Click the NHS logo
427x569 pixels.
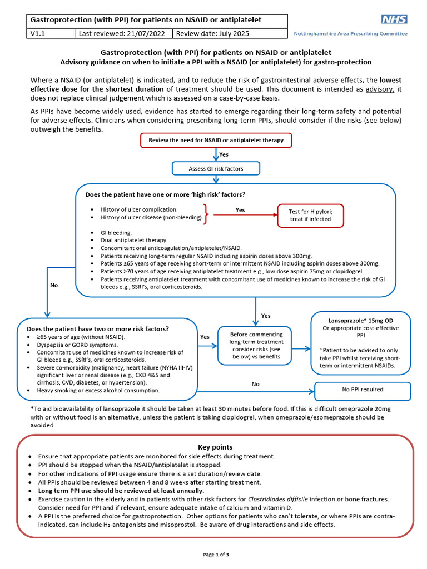coord(394,19)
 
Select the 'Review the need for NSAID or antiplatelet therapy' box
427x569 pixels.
coord(216,141)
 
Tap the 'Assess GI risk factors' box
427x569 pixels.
coord(216,168)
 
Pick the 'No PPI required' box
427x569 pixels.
coord(363,390)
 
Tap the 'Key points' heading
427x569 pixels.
coord(215,447)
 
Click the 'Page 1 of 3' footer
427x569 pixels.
coord(215,555)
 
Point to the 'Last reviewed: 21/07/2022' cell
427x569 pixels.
coord(122,34)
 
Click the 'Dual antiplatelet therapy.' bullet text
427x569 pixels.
coord(126,240)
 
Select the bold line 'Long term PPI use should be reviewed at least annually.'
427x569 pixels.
coord(121,491)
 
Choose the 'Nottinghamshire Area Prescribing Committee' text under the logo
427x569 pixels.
coord(350,34)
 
